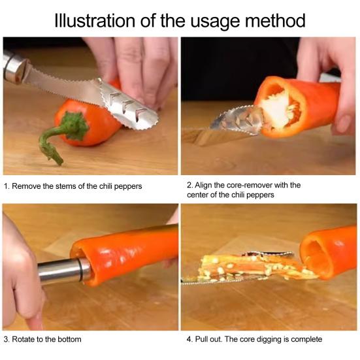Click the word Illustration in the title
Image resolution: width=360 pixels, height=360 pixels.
click(x=95, y=21)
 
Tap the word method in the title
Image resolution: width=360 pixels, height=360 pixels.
click(x=275, y=21)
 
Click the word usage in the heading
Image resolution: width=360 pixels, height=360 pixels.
click(x=215, y=22)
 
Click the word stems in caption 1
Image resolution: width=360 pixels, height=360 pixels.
click(x=65, y=186)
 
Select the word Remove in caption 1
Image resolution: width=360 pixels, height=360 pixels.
click(x=26, y=186)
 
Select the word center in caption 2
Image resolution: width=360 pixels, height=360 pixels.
click(x=197, y=195)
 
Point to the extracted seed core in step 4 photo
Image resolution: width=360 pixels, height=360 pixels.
click(x=250, y=267)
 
